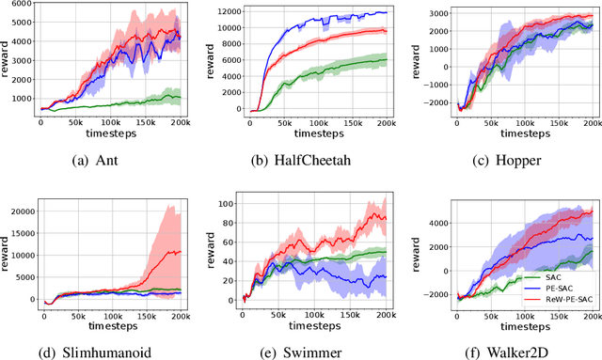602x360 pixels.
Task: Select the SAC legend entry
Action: [x=563, y=276]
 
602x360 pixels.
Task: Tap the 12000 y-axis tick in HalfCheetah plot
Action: [x=231, y=13]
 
